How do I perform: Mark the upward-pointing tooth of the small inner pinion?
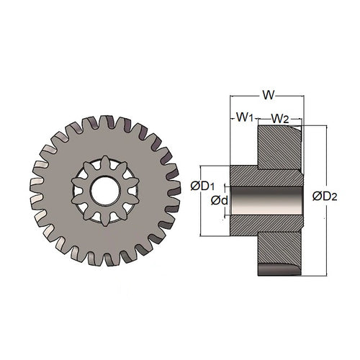point(105,164)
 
